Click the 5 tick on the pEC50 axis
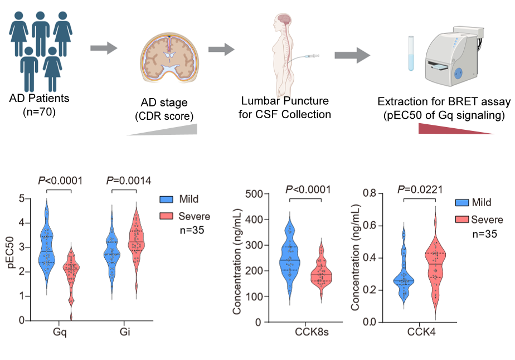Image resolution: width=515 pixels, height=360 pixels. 21,198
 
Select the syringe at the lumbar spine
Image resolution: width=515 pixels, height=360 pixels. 306,56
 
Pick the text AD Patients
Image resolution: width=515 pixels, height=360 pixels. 39,99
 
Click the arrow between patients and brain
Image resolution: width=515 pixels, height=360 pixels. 104,49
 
